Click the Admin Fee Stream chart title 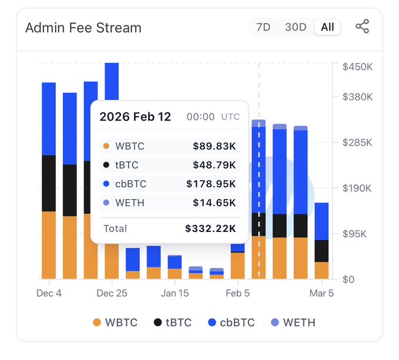[x=83, y=28]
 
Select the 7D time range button [x=263, y=27]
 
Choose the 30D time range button [x=296, y=27]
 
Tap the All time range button [x=327, y=27]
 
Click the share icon [x=363, y=26]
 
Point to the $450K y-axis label [x=357, y=67]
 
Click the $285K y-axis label [x=357, y=143]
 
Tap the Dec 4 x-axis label [x=49, y=293]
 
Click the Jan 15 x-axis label [x=175, y=293]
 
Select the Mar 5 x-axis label [x=321, y=293]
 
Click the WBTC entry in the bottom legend [x=115, y=322]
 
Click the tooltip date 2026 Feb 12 [x=135, y=117]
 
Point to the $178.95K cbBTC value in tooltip [x=211, y=184]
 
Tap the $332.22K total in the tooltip [x=210, y=228]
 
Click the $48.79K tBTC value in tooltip [x=214, y=165]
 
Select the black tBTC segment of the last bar [x=321, y=251]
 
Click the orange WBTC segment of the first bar [x=49, y=245]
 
